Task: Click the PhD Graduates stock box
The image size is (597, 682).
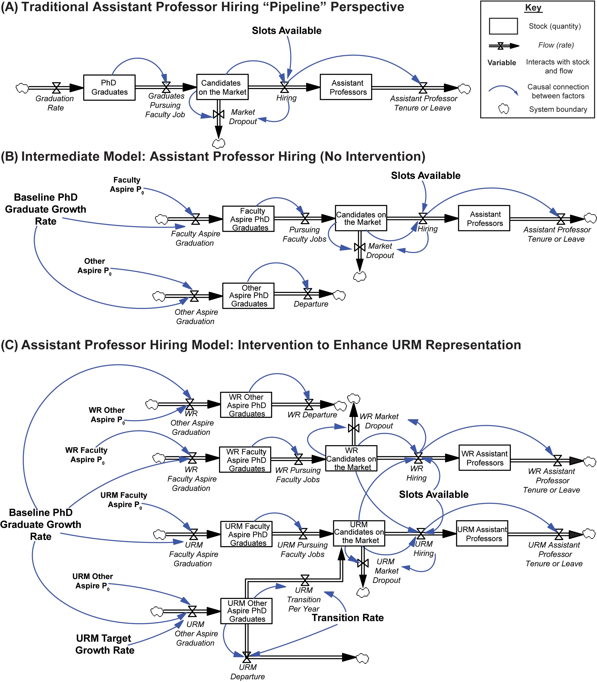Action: coord(109,88)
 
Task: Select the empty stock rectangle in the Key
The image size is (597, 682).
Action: coord(503,26)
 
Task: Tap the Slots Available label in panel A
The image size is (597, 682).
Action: coord(287,31)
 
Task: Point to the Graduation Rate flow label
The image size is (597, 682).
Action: coord(55,103)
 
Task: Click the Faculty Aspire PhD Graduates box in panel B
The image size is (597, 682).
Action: coord(248,219)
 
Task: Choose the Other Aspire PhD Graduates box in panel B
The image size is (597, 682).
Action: coord(248,296)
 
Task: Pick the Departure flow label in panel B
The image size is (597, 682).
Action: coord(311,304)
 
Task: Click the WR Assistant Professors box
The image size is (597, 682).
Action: coord(484,458)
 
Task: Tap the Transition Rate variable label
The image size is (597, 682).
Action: coord(348,618)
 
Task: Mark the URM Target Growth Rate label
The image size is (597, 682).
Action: coord(105,644)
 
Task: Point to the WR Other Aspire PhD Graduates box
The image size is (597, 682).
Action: coord(246,405)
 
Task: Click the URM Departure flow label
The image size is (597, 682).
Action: coord(248,672)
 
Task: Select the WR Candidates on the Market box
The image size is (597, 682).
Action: coord(351,458)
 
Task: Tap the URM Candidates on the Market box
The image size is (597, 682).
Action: coord(359,533)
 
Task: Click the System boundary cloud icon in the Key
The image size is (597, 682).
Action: coord(503,109)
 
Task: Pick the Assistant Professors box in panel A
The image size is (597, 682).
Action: coord(346,87)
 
